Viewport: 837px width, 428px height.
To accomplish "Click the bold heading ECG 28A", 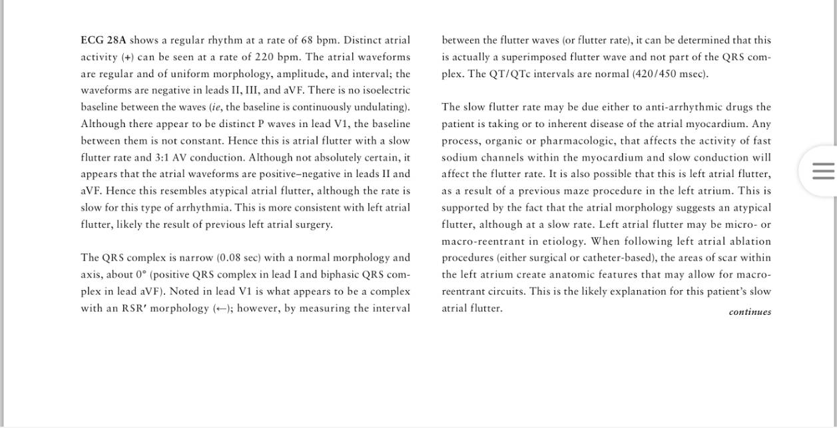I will tap(103, 40).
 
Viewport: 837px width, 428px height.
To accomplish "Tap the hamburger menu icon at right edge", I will tap(823, 171).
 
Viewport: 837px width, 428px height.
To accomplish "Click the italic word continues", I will tap(750, 312).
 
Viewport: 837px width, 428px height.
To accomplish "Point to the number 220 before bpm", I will tap(264, 57).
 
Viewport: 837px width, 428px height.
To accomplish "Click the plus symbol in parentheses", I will tap(127, 57).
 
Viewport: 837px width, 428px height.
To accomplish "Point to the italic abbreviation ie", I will tap(216, 107).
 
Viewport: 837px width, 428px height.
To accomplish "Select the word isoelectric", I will tap(386, 91).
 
